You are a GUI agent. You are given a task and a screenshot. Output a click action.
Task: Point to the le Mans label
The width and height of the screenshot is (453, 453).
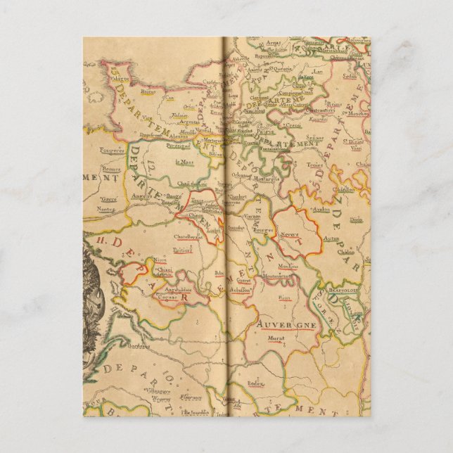tap(185, 162)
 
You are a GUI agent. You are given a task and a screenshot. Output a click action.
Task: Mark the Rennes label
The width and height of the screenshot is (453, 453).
tap(112, 170)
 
